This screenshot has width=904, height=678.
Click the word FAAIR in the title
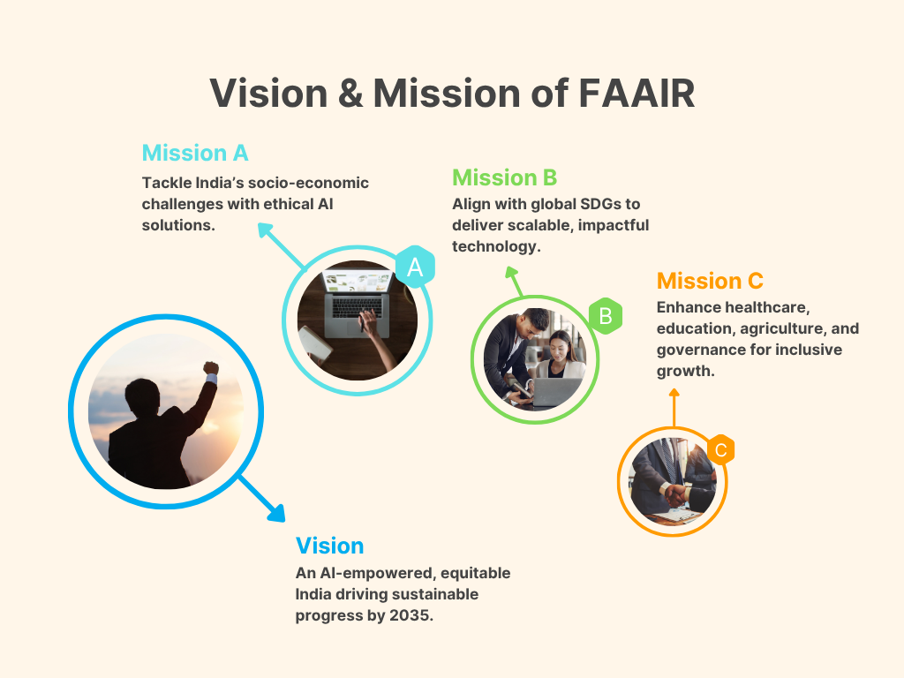click(x=637, y=94)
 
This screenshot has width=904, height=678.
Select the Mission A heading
click(x=195, y=153)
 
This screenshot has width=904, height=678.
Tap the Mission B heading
click(x=504, y=177)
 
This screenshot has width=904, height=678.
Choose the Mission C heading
click(x=710, y=281)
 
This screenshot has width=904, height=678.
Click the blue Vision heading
click(x=330, y=546)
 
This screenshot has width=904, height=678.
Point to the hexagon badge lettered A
click(x=415, y=267)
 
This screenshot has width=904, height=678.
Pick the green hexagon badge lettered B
click(x=606, y=315)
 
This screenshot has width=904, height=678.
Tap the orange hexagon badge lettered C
click(x=720, y=449)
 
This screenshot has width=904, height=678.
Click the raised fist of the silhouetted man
click(x=211, y=368)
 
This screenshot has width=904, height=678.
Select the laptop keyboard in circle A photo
click(x=357, y=306)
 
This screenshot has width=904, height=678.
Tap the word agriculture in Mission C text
click(x=783, y=328)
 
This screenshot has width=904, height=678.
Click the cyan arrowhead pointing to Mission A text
click(x=267, y=231)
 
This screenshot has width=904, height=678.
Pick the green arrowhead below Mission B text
click(x=511, y=272)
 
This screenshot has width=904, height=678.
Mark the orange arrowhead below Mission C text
click(x=674, y=393)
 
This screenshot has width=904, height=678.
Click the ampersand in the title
click(x=350, y=94)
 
